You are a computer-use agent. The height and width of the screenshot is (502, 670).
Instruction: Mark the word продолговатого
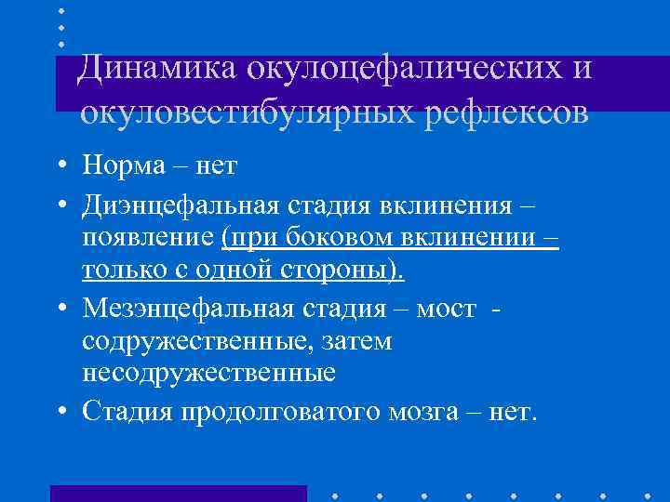pyautogui.click(x=270, y=410)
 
